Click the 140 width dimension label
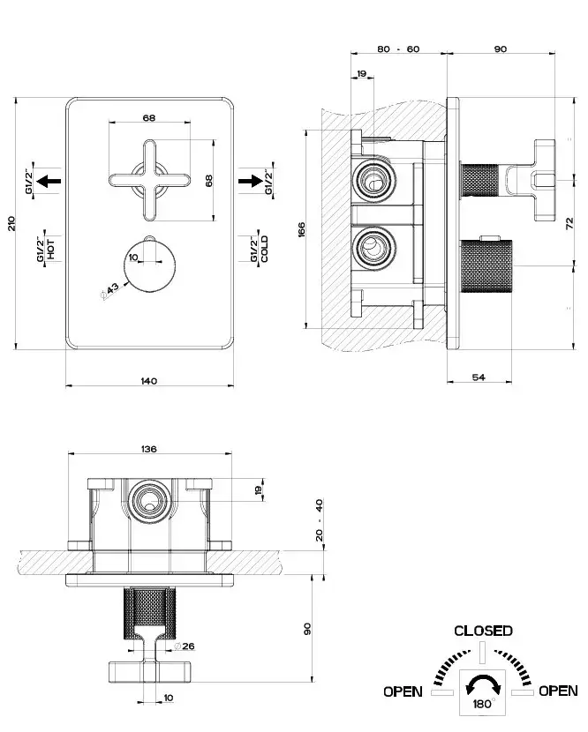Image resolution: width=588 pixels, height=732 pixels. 148,380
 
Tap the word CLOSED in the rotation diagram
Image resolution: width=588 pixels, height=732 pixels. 483,631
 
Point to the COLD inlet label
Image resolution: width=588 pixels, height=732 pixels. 265,250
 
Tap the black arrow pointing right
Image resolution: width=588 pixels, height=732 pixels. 253,181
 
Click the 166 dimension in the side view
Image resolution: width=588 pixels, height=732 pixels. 301,229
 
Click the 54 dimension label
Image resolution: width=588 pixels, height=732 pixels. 479,377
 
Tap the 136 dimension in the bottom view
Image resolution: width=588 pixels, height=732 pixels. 148,449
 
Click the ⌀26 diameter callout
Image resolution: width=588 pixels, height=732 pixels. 187,646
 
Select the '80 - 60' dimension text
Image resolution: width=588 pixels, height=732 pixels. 398,49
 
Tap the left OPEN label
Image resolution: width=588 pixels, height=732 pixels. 403,691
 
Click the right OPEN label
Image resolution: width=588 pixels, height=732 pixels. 558,691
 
